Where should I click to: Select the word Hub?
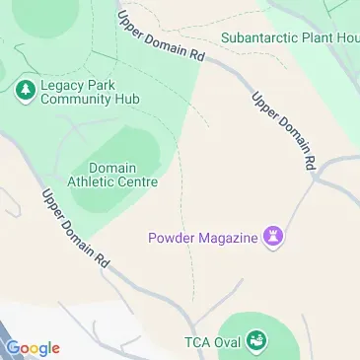coord(126,100)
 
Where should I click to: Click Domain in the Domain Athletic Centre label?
coord(112,168)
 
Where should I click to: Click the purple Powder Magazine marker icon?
coord(275,237)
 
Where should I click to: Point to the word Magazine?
coord(228,237)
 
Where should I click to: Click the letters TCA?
coord(198,342)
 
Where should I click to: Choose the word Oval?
coord(229,342)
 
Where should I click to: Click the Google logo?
coord(33,348)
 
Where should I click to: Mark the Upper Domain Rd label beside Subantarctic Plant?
coord(161,38)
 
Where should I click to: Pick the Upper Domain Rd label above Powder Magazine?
coord(285,127)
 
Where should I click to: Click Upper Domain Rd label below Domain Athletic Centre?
coord(75,229)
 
